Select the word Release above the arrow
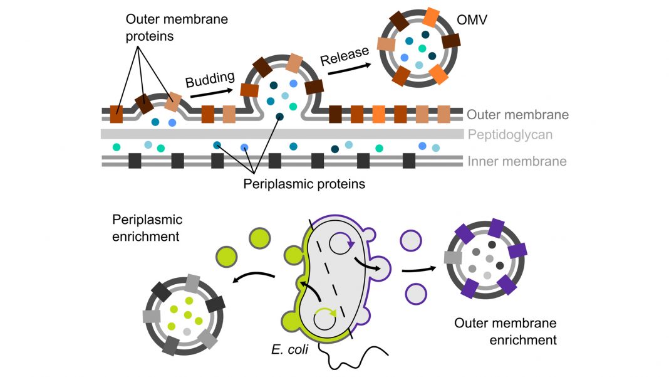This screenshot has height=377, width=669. click(344, 56)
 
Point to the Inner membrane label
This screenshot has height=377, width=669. click(517, 161)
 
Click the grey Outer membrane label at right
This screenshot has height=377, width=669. click(517, 115)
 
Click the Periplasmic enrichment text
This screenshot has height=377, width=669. click(147, 228)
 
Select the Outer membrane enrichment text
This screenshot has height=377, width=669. click(506, 332)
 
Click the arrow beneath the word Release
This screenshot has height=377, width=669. click(348, 70)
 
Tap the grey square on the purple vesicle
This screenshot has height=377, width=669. click(452, 257)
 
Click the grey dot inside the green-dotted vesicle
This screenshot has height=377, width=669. click(186, 331)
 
